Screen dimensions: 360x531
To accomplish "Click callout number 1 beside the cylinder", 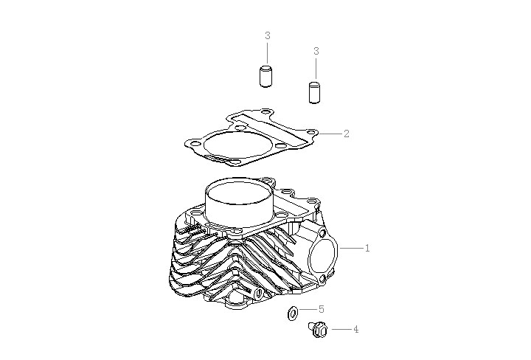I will tap(367, 249).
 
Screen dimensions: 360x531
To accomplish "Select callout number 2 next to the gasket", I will tap(347, 134).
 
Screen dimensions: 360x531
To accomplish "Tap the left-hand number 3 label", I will tap(267, 35).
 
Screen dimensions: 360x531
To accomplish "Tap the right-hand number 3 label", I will tap(316, 51).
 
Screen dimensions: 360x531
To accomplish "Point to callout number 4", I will tap(355, 330).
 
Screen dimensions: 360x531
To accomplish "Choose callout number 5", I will tap(322, 310).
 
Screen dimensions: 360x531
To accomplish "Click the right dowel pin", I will tap(315, 93).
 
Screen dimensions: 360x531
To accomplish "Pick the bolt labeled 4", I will tap(318, 332).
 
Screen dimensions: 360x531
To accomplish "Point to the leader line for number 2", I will tap(330, 134).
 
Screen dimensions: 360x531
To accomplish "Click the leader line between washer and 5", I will tap(308, 311).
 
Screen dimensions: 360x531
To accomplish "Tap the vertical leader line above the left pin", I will tap(267, 53).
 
